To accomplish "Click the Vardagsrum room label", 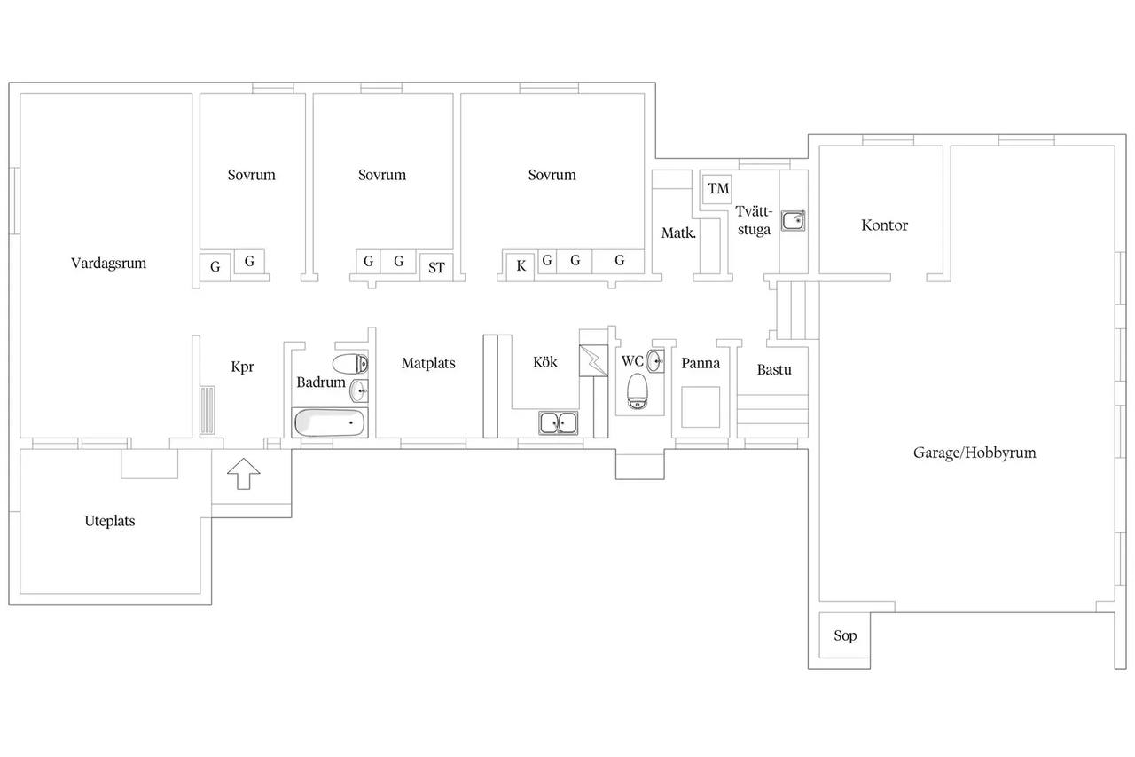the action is tap(108, 264).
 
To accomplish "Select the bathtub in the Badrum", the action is tap(330, 422).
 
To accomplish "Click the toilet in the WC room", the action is tap(638, 390).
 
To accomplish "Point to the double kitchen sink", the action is tap(558, 422).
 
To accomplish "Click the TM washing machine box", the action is tap(718, 189).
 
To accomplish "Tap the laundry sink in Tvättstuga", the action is tap(793, 221).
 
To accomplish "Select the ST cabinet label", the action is tap(436, 268).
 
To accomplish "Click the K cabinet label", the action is tap(521, 266).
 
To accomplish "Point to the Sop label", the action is tap(845, 635).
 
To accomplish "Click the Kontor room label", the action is tap(884, 225).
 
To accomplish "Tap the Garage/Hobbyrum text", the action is tap(975, 453).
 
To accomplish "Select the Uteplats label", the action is tap(109, 521).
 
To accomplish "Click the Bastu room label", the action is tap(774, 370).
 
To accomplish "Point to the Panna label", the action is tap(701, 363).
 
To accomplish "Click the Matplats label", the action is tap(428, 364).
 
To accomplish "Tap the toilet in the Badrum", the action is tap(350, 364).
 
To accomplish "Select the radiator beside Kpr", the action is tap(207, 410).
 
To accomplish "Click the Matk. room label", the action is tap(678, 233).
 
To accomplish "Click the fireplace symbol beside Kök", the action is tap(593, 360).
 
